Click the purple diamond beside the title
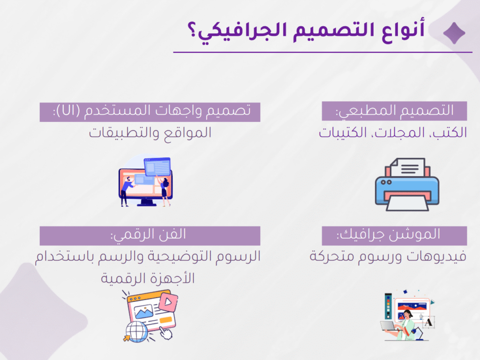pyautogui.click(x=454, y=33)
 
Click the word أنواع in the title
pyautogui.click(x=403, y=30)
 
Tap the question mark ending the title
pyautogui.click(x=193, y=30)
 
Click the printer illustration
pyautogui.click(x=407, y=184)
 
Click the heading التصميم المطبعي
pyautogui.click(x=395, y=111)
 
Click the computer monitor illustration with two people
pyautogui.click(x=145, y=181)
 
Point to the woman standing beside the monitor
pyautogui.click(x=165, y=192)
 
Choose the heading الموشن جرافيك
pyautogui.click(x=388, y=235)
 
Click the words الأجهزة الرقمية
pyautogui.click(x=148, y=278)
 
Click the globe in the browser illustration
pyautogui.click(x=136, y=331)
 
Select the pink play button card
pyautogui.click(x=168, y=302)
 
